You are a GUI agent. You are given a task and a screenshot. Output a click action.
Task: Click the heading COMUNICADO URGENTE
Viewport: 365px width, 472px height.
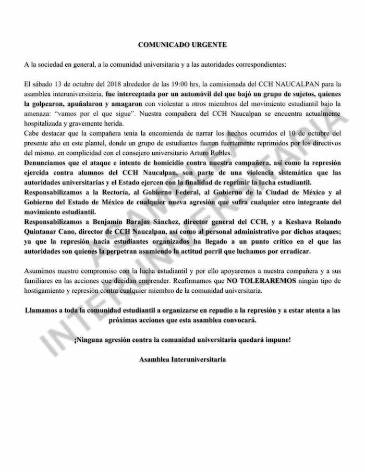182,45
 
